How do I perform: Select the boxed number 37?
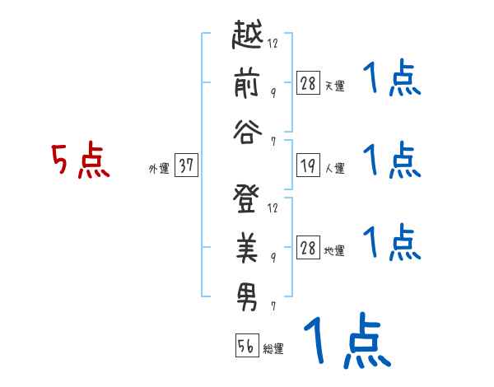click(186, 166)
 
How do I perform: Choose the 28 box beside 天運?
click(308, 82)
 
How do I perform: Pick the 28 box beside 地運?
click(308, 247)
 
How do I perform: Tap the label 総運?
click(273, 349)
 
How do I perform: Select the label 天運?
click(334, 86)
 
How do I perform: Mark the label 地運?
click(334, 250)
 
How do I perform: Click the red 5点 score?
click(81, 161)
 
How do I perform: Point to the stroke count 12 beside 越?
click(273, 43)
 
